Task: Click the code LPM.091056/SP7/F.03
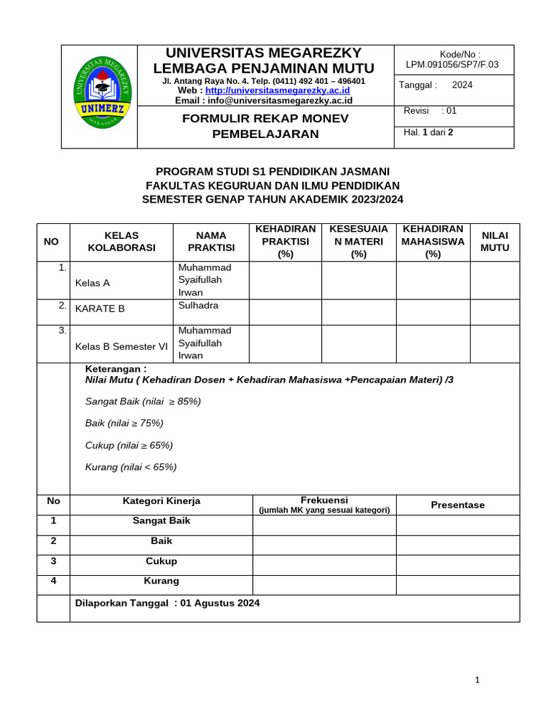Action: pos(451,65)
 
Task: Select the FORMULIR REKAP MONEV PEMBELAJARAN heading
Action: pos(265,126)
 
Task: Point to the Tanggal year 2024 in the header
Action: pos(462,85)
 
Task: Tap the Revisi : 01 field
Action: pos(430,111)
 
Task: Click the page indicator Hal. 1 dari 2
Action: pos(428,132)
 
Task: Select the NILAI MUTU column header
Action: pos(495,242)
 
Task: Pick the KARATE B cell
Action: pos(100,309)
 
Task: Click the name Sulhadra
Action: pos(198,306)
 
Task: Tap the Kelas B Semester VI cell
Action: pos(121,347)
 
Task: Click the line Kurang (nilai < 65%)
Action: pos(131,467)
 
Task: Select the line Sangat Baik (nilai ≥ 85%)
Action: pos(143,402)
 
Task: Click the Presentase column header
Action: pos(457,505)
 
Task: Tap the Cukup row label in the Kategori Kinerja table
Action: pos(161,562)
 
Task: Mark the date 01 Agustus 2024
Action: pos(220,604)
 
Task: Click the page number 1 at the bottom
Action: pos(477,680)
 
